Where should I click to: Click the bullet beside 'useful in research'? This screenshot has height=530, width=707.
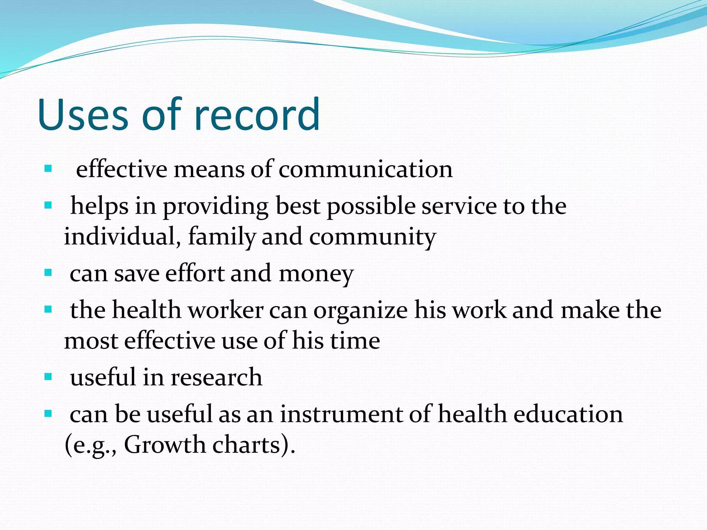(48, 376)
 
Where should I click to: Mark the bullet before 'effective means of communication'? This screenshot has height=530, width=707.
(48, 169)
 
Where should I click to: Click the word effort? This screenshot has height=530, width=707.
(195, 273)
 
